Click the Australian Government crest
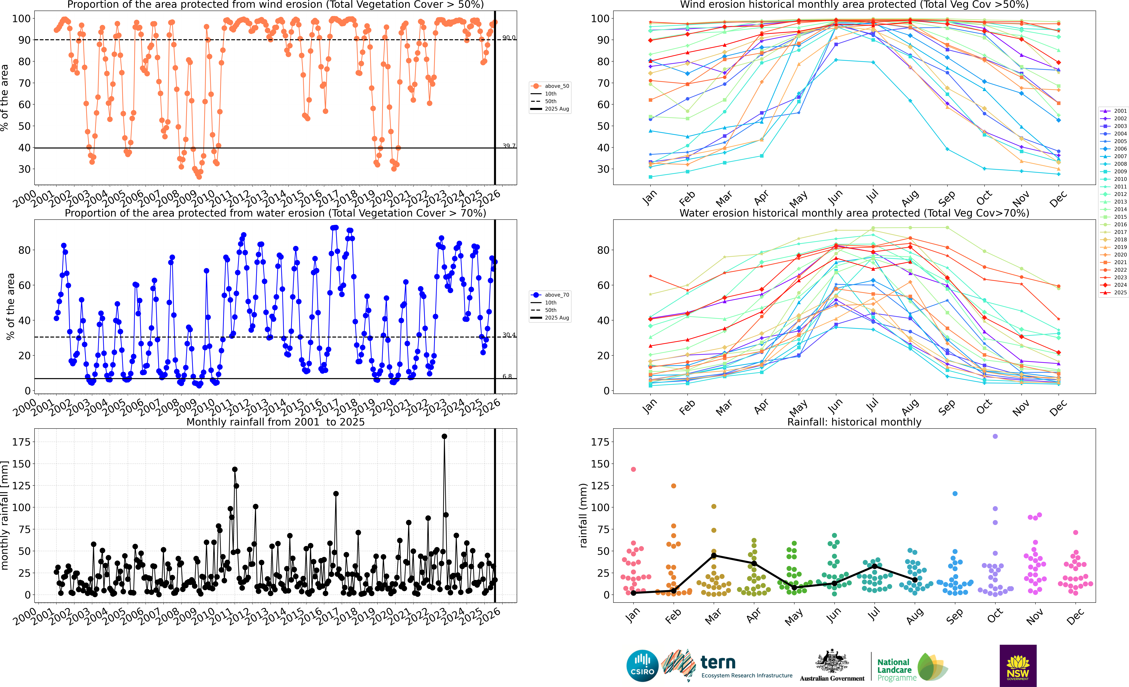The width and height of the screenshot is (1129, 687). coord(832,662)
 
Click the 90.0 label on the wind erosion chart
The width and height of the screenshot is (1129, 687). coord(509,38)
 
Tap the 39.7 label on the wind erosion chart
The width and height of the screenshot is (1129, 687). coord(509,146)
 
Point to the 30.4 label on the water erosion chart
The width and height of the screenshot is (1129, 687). coord(509,335)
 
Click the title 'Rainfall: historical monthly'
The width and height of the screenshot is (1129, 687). coord(854,422)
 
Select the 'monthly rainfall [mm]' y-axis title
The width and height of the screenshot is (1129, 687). coord(5,516)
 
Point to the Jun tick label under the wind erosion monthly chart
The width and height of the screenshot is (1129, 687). coord(835,198)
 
